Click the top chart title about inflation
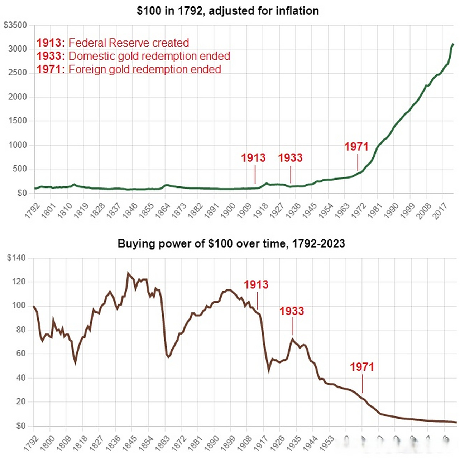click(x=228, y=11)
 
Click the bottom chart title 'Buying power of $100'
click(x=231, y=244)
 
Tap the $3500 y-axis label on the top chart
click(x=15, y=25)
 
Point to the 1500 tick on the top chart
click(x=18, y=121)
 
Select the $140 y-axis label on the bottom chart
click(x=16, y=258)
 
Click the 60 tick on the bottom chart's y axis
click(x=21, y=354)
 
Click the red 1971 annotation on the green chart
click(x=356, y=147)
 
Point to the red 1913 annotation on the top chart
click(x=253, y=158)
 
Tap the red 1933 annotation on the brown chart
click(x=292, y=311)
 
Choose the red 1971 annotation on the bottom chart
click(x=362, y=367)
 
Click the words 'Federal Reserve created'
click(x=129, y=43)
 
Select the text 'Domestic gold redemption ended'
click(x=149, y=56)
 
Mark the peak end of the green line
click(x=453, y=44)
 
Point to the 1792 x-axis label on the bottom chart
click(x=31, y=443)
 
